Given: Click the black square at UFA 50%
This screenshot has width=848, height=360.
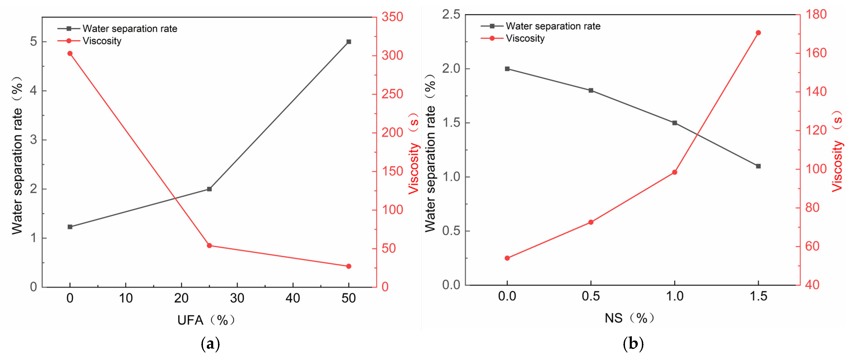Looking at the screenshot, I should coord(349,42).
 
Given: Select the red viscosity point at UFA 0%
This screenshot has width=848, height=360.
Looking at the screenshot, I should coord(70,53).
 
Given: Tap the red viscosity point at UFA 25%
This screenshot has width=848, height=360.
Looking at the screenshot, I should coord(209,246).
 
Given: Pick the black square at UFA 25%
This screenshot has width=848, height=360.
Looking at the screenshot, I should coord(209,189).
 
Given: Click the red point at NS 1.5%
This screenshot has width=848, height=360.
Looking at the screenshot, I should coord(758,33).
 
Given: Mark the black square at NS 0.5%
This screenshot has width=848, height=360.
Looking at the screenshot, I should coord(591,90).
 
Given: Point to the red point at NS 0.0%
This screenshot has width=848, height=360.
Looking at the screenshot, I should coord(507,258).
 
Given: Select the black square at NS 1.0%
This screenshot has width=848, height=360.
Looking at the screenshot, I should coord(675,123).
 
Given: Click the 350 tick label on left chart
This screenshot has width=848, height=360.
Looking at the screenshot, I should coord(392,17).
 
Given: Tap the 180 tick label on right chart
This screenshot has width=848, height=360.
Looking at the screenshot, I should coord(816,14).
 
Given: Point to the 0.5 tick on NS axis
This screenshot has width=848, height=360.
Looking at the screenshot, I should coord(591,296).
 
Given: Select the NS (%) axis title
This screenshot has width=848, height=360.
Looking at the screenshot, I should coord(629,318).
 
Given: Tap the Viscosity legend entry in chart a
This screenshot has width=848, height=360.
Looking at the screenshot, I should coord(102,41).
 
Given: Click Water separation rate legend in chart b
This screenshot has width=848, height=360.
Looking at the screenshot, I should coord(553,26).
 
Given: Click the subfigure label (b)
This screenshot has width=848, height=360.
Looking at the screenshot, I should coord(633,344).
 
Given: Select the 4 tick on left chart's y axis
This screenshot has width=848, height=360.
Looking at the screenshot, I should coord(33,91).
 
